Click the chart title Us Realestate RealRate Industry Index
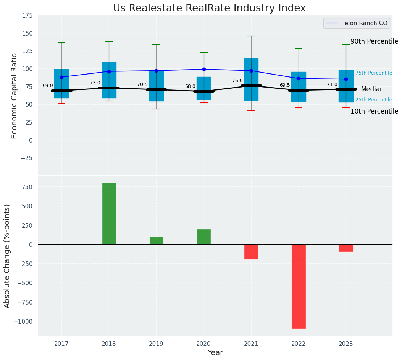[x=209, y=8]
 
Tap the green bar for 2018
[x=109, y=214]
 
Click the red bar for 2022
[x=299, y=286]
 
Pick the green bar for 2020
[x=204, y=237]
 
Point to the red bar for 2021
[x=251, y=252]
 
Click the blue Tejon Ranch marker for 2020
[x=204, y=69]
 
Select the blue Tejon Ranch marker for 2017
[x=61, y=77]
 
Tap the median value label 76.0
[x=237, y=81]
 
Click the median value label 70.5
[x=142, y=84]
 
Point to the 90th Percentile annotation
[x=374, y=41]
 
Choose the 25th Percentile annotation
[x=373, y=100]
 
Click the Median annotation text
[x=372, y=89]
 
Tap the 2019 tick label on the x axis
[x=156, y=344]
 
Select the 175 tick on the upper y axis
[x=27, y=16]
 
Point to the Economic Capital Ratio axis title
[x=15, y=96]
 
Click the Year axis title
[x=215, y=353]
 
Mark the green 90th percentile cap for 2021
[x=251, y=36]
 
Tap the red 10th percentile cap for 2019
[x=156, y=109]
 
